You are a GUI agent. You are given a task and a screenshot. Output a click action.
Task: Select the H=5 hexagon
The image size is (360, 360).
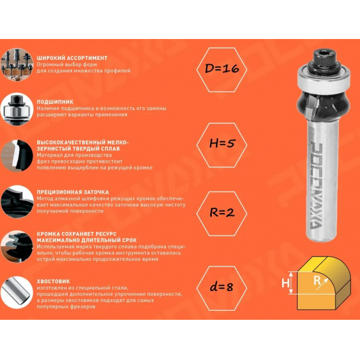coord(222,145)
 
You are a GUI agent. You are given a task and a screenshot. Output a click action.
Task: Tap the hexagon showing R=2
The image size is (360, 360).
coord(222,214)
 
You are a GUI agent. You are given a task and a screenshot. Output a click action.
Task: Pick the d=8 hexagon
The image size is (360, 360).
coord(222,289)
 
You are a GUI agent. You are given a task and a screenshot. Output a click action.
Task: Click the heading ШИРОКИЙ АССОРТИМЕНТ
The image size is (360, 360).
coord(72,58)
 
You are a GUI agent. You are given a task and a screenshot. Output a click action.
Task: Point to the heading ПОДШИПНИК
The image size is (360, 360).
coord(55,102)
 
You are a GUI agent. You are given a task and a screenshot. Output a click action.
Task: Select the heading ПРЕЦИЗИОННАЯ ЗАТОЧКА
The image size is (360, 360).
coord(73,192)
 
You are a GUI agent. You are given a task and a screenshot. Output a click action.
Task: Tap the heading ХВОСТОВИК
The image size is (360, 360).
coord(53,281)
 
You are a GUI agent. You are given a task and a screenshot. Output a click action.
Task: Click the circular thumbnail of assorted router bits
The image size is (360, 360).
coord(17,64)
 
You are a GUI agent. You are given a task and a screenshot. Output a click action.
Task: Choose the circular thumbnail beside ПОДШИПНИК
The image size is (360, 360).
coord(17,109)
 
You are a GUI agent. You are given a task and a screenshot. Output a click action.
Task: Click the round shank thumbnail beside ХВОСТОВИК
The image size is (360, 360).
coord(17,292)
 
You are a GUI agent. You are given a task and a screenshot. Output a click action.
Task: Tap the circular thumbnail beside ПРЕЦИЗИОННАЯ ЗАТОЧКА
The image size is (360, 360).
coord(17,202)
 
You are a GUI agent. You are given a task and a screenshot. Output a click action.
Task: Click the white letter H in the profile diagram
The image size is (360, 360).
coord(286,283)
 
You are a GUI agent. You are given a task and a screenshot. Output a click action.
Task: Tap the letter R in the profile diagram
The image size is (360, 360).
coord(317,280)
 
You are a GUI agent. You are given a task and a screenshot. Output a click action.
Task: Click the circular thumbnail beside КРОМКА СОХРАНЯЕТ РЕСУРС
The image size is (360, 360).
coord(17,247)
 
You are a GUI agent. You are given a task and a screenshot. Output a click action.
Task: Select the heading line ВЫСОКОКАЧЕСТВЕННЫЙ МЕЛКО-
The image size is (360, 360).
coord(83,142)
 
